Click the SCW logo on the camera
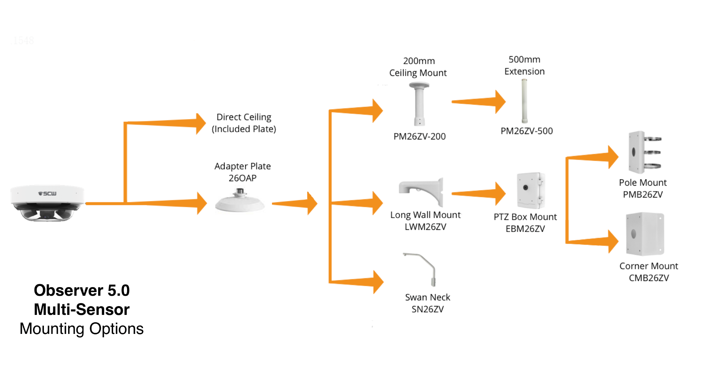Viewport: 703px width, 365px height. pyautogui.click(x=47, y=193)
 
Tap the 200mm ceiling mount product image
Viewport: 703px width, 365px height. pyautogui.click(x=419, y=104)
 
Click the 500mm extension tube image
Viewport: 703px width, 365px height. pyautogui.click(x=524, y=101)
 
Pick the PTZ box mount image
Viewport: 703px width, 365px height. pyautogui.click(x=531, y=191)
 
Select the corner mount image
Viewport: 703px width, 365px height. pyautogui.click(x=645, y=234)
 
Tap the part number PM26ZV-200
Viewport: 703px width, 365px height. pyautogui.click(x=420, y=136)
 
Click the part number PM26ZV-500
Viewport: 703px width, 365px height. pyautogui.click(x=527, y=131)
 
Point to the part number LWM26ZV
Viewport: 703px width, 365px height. pyautogui.click(x=425, y=227)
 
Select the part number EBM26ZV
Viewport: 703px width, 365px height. pyautogui.click(x=525, y=229)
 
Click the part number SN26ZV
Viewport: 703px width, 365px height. pyautogui.click(x=428, y=309)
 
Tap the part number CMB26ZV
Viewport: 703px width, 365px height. pyautogui.click(x=649, y=278)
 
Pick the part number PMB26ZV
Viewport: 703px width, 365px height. pyautogui.click(x=643, y=194)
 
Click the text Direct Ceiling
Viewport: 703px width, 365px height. pyautogui.click(x=244, y=117)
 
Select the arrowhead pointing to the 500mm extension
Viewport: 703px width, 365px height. pyautogui.click(x=500, y=102)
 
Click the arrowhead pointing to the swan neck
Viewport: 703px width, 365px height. pyautogui.click(x=378, y=282)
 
